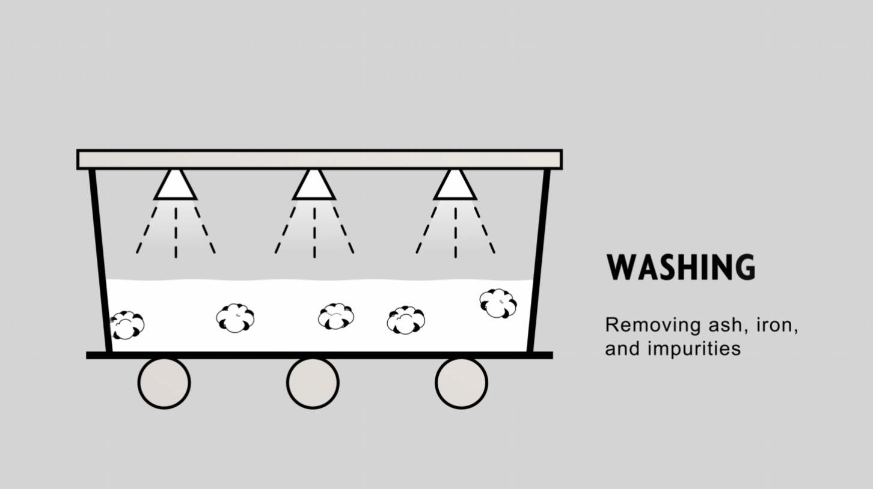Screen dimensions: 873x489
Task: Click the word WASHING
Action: click(681, 268)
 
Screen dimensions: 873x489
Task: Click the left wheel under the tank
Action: click(164, 383)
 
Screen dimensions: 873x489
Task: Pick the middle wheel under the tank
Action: click(313, 383)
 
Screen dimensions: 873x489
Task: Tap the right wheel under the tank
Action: click(461, 383)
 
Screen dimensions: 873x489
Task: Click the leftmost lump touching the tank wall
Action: click(127, 325)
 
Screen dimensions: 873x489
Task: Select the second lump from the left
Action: click(235, 318)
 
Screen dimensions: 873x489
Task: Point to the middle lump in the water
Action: click(336, 317)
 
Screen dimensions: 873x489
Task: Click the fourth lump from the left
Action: click(406, 320)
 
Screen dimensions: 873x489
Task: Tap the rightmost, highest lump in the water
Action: click(498, 303)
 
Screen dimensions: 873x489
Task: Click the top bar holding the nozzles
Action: click(319, 159)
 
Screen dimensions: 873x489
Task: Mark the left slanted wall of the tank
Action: click(100, 258)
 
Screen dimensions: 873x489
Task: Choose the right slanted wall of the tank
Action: click(539, 258)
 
